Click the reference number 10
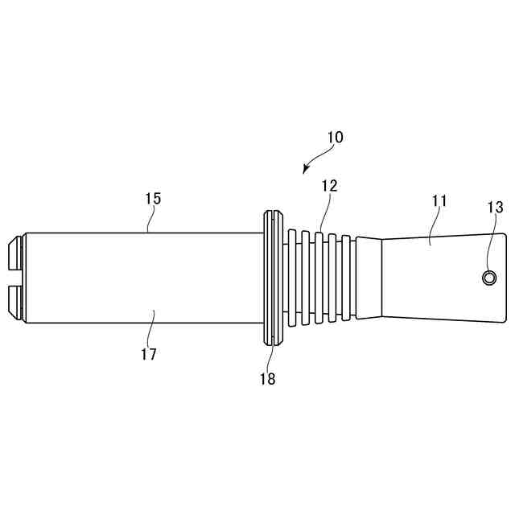(335, 137)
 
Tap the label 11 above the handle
(439, 200)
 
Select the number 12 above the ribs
(329, 186)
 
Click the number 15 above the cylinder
(153, 198)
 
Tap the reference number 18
(267, 378)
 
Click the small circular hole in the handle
(488, 278)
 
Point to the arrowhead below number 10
(306, 170)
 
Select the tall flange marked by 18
(271, 278)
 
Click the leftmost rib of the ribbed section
(292, 278)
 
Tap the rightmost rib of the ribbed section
(348, 278)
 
